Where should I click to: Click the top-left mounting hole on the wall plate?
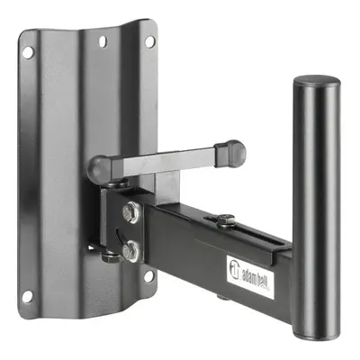(x=28, y=53)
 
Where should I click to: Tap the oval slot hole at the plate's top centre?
(x=103, y=41)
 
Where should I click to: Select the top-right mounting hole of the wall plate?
(x=149, y=41)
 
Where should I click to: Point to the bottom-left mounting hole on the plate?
(x=27, y=297)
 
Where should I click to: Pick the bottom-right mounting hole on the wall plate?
(x=148, y=276)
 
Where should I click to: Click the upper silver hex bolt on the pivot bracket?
(x=131, y=212)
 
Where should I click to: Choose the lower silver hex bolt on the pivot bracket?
(x=130, y=250)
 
